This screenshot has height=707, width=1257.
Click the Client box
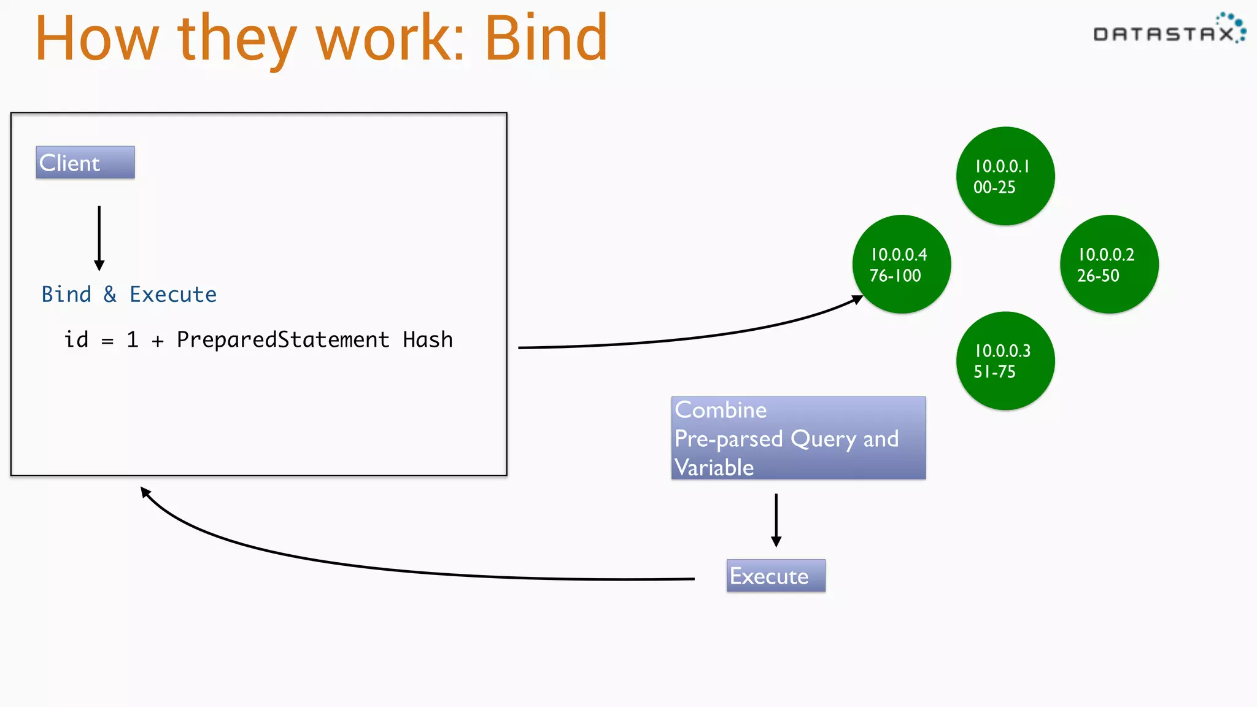[x=85, y=163]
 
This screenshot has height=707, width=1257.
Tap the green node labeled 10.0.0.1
[x=1005, y=176]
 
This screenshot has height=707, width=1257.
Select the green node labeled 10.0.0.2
[x=1108, y=265]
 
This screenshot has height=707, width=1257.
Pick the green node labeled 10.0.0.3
[x=1005, y=361]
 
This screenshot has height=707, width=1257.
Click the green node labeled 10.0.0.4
[x=901, y=265]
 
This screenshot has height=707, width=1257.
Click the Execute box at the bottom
[x=775, y=576]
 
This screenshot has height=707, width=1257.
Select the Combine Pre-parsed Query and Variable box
[x=798, y=438]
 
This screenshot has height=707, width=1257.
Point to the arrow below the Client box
[x=99, y=238]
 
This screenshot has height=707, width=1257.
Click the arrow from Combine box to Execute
[x=776, y=520]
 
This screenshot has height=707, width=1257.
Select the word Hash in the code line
[x=427, y=339]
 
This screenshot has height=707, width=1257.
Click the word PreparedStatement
[x=283, y=339]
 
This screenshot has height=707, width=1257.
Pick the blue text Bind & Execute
[x=129, y=295]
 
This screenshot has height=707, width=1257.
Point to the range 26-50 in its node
[x=1098, y=276]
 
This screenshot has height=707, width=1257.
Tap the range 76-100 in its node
[x=895, y=276]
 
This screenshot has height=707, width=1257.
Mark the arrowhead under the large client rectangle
[x=145, y=492]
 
